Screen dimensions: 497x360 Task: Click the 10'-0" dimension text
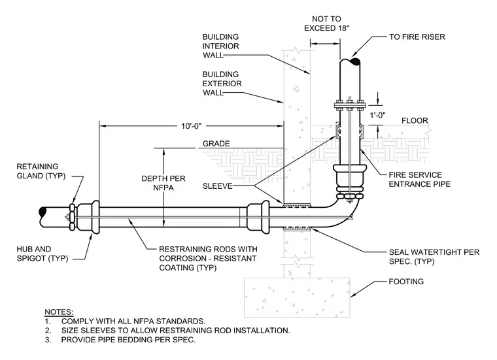point(191,126)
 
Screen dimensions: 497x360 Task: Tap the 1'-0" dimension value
point(377,115)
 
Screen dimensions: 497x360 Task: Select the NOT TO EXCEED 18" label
point(326,24)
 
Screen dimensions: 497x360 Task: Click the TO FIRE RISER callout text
point(417,37)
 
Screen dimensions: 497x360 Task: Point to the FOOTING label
point(406,282)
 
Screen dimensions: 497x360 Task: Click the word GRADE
point(216,144)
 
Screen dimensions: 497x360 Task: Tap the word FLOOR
point(415,121)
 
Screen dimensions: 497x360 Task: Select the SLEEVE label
point(217,186)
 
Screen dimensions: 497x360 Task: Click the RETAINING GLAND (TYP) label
point(41,171)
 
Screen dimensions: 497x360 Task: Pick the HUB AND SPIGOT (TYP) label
point(42,254)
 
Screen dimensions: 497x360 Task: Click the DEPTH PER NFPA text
point(163,183)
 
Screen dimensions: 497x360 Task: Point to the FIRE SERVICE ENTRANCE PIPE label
point(420,180)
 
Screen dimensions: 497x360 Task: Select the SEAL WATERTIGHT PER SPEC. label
point(434,257)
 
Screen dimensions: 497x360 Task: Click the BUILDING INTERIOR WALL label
point(220,46)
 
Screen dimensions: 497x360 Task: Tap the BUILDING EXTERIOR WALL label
point(222,84)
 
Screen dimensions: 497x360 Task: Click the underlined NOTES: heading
point(59,312)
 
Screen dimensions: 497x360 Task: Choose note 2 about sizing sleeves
point(167,331)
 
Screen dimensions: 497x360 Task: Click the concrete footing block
point(297,298)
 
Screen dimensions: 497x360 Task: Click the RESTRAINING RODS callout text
point(208,258)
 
